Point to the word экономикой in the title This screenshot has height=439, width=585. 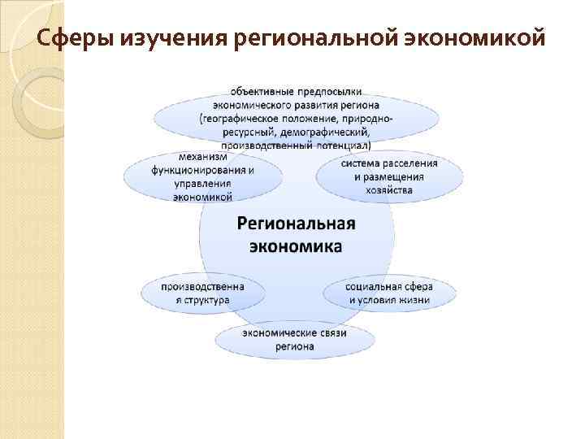[472, 37]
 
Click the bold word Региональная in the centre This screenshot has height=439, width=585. [297, 223]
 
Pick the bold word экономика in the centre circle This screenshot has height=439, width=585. [297, 246]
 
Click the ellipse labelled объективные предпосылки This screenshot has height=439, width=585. [297, 116]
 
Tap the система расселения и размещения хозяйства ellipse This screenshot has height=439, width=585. [389, 176]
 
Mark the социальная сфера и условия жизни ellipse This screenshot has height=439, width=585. [389, 293]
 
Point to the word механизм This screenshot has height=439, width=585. [203, 157]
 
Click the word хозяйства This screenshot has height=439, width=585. [389, 190]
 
